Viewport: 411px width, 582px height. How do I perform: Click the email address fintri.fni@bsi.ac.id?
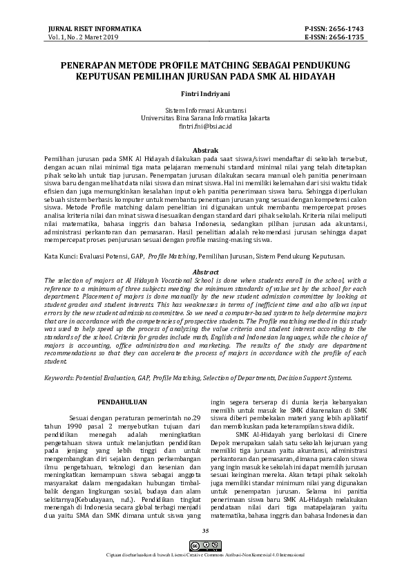click(205, 126)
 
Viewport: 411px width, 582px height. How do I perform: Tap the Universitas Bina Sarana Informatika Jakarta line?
click(205, 118)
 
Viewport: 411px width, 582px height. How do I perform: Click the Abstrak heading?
click(205, 150)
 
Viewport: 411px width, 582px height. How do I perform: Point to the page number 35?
click(205, 550)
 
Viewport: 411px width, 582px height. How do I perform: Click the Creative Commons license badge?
click(205, 565)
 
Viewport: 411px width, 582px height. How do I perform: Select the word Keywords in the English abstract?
click(61, 378)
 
